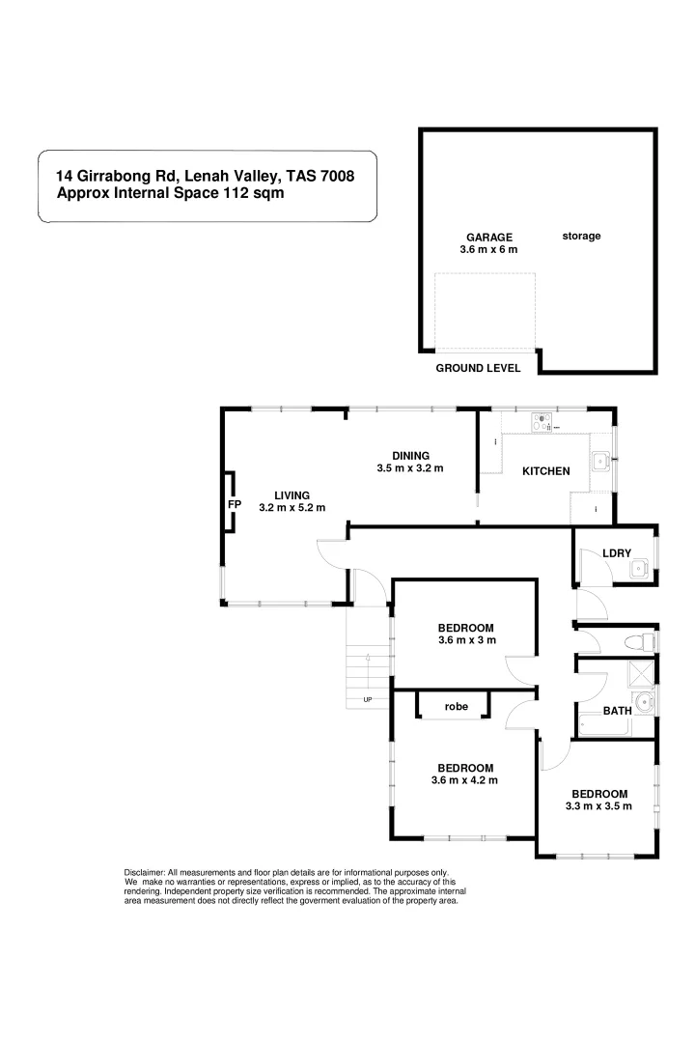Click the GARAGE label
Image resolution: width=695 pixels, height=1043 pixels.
[489, 237]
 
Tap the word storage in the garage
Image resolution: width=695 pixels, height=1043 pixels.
[581, 236]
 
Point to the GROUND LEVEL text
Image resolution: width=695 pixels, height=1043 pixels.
[478, 368]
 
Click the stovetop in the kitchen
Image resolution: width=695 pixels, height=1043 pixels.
[542, 422]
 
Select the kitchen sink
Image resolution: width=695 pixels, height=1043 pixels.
[599, 462]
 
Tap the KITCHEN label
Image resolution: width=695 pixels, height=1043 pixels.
[545, 471]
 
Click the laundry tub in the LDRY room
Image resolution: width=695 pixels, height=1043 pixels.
[638, 570]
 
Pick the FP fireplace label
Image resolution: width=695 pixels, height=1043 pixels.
[234, 504]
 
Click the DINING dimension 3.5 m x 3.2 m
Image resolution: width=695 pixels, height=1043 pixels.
[410, 468]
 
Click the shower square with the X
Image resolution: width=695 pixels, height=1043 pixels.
[641, 673]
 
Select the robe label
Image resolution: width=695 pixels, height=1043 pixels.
[456, 707]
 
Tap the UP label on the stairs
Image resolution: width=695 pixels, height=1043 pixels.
[368, 699]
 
